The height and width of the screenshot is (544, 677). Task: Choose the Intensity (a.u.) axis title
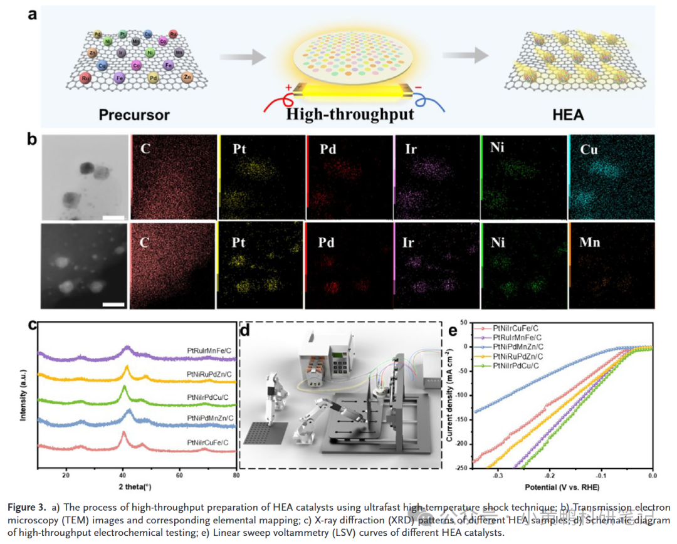(x=24, y=395)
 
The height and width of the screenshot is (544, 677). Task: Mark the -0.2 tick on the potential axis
(x=550, y=476)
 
